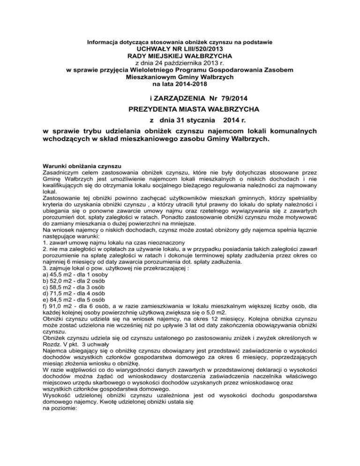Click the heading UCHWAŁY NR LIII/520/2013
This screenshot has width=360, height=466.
tap(180, 49)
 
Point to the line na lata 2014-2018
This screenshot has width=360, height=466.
tap(180, 84)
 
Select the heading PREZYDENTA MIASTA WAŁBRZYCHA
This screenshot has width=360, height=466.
tap(180, 109)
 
